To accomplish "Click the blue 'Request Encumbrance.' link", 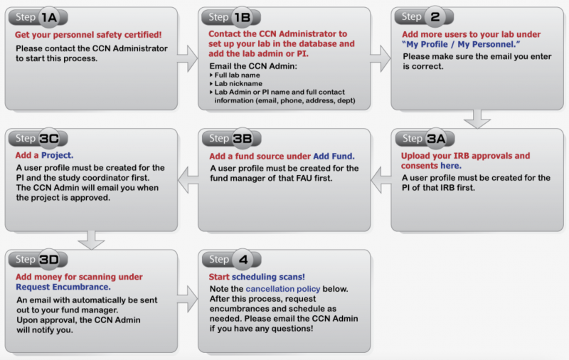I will click(63, 287).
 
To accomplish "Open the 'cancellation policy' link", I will click(282, 289).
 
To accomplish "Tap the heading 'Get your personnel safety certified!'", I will click(89, 34).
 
